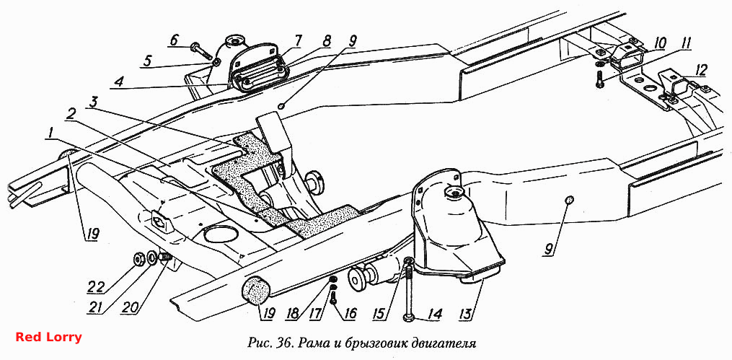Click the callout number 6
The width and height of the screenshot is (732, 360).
point(174,40)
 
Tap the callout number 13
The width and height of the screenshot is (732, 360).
point(471,310)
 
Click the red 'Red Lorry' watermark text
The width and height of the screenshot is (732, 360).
point(48,337)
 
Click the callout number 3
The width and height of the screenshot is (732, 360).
point(93,102)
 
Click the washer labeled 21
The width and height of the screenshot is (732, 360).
point(151,256)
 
